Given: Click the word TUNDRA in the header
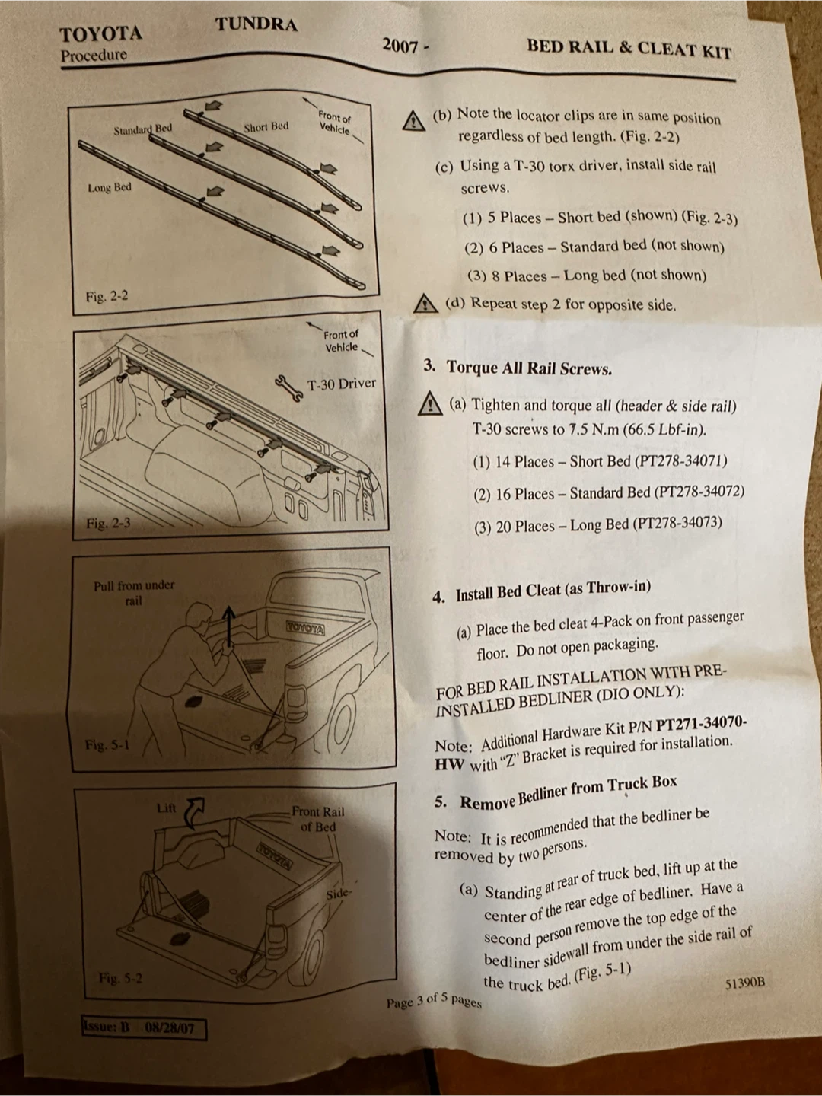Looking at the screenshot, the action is pyautogui.click(x=256, y=24).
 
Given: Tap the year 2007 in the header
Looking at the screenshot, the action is pyautogui.click(x=400, y=46).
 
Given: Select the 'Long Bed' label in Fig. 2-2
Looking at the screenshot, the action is pyautogui.click(x=110, y=188).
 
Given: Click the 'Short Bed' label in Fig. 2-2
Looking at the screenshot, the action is pyautogui.click(x=266, y=127).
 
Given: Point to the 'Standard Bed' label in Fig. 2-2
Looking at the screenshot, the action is pyautogui.click(x=143, y=129).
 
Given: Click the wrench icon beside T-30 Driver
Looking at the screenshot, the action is pyautogui.click(x=288, y=388).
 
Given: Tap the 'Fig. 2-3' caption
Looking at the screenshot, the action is pyautogui.click(x=108, y=524).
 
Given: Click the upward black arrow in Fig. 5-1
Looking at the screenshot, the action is pyautogui.click(x=228, y=626).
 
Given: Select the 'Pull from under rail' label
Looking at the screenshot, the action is pyautogui.click(x=134, y=593).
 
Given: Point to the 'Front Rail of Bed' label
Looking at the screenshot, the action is pyautogui.click(x=318, y=819).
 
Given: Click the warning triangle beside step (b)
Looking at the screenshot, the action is pyautogui.click(x=413, y=121).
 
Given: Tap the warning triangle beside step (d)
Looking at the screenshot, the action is pyautogui.click(x=425, y=303).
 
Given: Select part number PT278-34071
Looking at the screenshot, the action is pyautogui.click(x=680, y=460).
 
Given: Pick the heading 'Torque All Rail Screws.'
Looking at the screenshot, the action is pyautogui.click(x=529, y=368).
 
